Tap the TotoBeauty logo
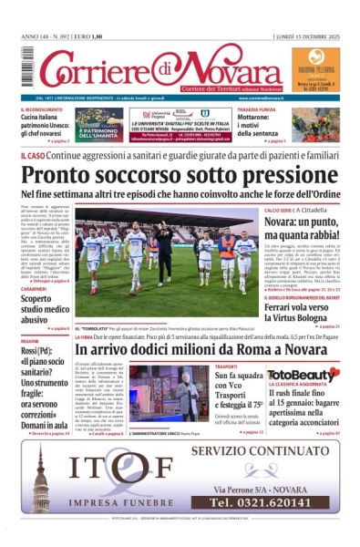click(x=303, y=375)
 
